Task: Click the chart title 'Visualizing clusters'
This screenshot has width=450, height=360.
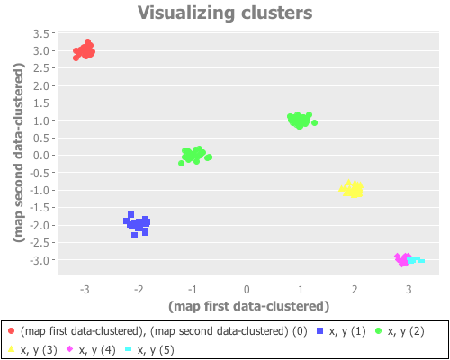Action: point(225,13)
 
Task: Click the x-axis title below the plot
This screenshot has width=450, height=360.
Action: point(247,306)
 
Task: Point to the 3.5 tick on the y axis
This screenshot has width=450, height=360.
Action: point(41,33)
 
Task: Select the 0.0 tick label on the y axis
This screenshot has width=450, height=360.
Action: point(41,155)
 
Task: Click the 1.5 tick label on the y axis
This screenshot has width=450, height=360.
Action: point(41,103)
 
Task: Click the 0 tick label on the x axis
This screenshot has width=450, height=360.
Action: point(247,290)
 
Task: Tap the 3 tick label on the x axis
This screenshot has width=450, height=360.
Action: point(409,290)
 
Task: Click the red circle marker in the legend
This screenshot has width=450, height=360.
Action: point(10,331)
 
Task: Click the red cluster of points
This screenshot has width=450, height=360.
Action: point(85,51)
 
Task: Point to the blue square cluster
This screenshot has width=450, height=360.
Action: point(138,222)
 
